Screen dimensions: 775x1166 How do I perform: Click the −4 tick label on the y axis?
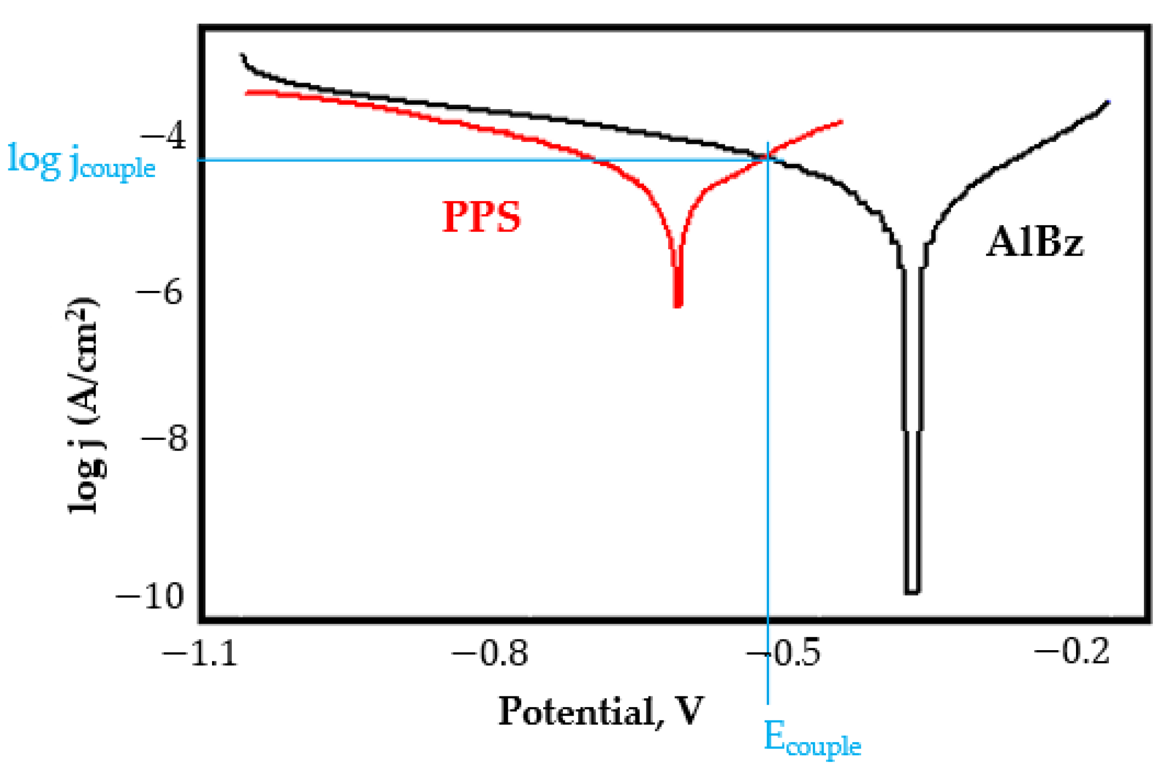point(163,137)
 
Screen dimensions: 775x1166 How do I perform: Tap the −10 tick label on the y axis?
point(150,596)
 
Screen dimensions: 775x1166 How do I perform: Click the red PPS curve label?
point(481,217)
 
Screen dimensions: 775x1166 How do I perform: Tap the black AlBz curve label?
point(1035,242)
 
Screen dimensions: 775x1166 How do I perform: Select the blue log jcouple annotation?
point(81,162)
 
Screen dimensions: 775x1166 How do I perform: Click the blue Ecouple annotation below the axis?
point(812,738)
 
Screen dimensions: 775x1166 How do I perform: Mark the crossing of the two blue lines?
point(767,160)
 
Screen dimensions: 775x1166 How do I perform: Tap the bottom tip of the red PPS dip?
point(678,306)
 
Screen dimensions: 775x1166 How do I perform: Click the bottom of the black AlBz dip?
point(912,592)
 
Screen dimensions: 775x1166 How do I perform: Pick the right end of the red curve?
point(841,121)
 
